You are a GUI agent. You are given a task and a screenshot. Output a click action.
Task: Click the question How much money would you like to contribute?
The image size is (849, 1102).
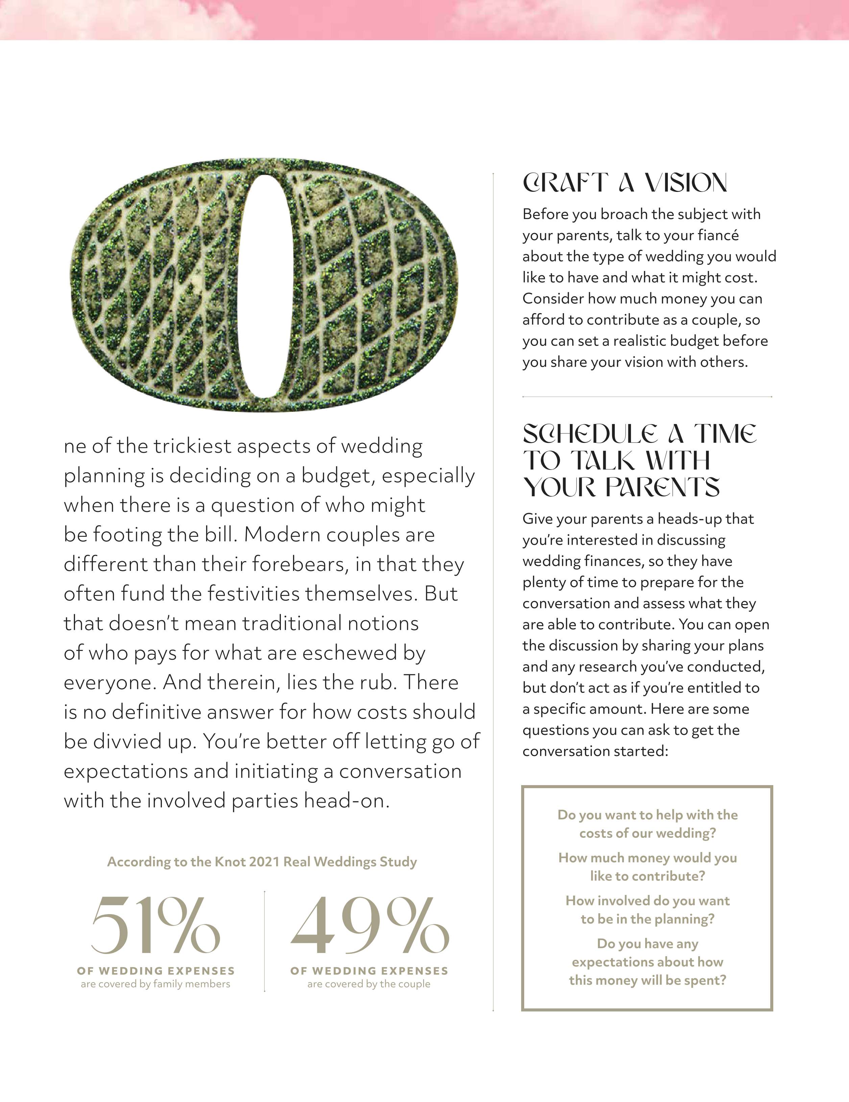coord(648,867)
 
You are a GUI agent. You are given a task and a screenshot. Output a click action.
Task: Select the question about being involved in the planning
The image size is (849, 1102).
coord(648,910)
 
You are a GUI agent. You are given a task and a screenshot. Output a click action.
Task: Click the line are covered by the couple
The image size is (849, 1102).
coord(369,984)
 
